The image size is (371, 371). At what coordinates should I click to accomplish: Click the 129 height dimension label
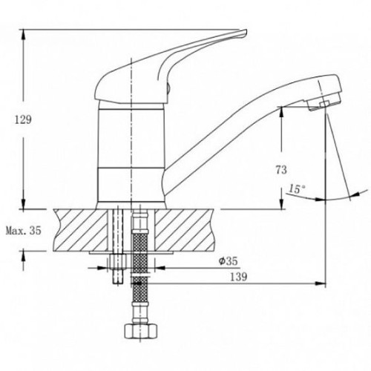click(x=24, y=119)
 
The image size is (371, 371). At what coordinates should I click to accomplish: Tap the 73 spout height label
click(x=281, y=170)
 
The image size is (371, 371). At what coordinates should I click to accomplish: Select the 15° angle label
click(x=297, y=189)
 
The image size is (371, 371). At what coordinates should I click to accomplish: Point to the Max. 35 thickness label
click(x=24, y=231)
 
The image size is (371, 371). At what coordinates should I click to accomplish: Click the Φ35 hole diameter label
click(x=229, y=261)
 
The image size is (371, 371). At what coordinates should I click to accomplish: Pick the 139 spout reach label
click(x=239, y=277)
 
